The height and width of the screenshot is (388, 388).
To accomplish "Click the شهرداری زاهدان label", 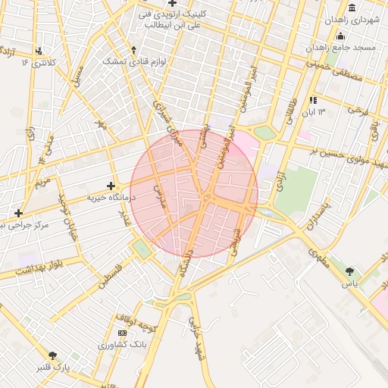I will coord(351,20).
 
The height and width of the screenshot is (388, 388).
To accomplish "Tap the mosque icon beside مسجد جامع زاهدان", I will coord(341,36).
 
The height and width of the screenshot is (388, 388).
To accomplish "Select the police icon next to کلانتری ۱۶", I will coord(37,49).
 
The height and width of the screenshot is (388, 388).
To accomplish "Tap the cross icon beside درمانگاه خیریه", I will coord(111,186).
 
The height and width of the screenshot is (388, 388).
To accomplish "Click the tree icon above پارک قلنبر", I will coord(52,355).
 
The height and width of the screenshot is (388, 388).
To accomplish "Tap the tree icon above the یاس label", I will coord(349,271).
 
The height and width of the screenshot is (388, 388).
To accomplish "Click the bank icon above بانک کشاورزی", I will coord(123,333).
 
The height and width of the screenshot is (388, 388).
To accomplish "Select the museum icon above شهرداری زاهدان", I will coord(352,8).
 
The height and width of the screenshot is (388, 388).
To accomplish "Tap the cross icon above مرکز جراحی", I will coord(18,213).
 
